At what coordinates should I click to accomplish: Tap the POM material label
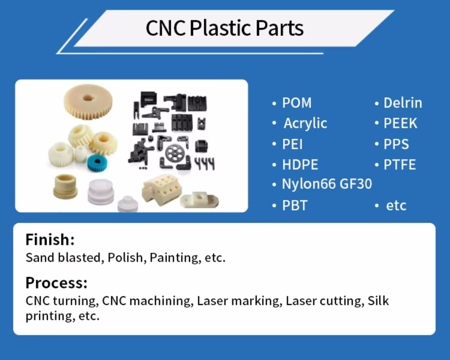click(297, 103)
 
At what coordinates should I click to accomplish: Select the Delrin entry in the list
click(403, 103)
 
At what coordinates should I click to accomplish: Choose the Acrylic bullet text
click(305, 123)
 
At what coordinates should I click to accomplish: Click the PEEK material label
click(400, 123)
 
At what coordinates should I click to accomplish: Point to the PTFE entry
click(400, 165)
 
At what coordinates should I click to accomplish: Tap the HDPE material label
click(300, 165)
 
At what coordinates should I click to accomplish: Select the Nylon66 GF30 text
click(327, 184)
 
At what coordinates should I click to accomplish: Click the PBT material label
click(295, 205)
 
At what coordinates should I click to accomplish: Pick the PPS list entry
click(396, 144)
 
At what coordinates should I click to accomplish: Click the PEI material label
click(292, 144)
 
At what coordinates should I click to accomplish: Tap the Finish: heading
click(50, 239)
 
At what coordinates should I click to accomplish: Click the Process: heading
click(56, 283)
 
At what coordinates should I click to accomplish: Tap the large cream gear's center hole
click(88, 98)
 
